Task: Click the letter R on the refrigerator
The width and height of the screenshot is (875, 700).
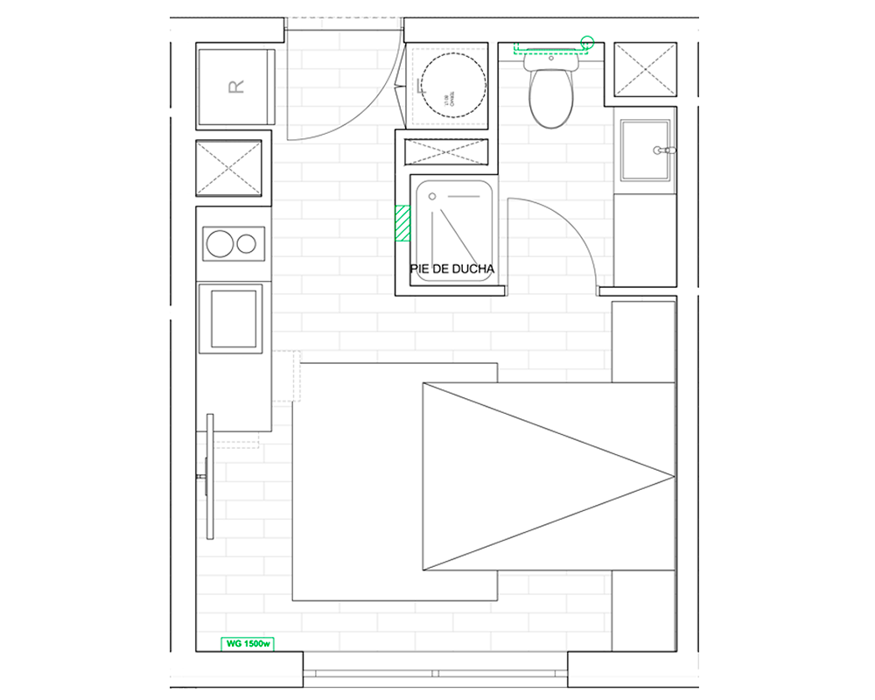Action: (x=234, y=87)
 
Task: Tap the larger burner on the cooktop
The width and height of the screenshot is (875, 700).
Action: (x=217, y=243)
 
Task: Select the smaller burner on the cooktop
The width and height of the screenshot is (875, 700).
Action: (x=248, y=243)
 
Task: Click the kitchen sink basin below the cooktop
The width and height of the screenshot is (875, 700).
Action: (x=232, y=317)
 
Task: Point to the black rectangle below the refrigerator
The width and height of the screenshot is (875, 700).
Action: (x=228, y=168)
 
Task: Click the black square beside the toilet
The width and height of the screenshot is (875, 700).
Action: (x=646, y=69)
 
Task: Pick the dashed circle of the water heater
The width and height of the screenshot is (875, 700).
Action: (x=450, y=85)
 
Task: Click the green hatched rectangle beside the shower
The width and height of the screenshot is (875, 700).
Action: (x=402, y=222)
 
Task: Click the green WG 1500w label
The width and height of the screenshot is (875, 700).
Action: (x=247, y=644)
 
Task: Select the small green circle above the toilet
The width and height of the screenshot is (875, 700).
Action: (x=588, y=41)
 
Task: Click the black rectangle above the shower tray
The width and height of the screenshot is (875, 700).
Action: (x=445, y=151)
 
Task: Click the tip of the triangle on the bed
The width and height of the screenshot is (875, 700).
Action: (x=674, y=477)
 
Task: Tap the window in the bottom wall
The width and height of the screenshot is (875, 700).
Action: (x=435, y=673)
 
